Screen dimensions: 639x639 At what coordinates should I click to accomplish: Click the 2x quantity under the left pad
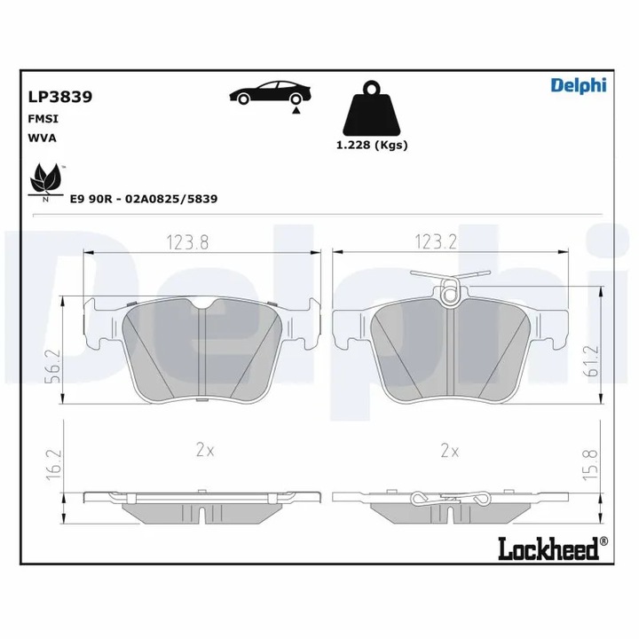[205, 451]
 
